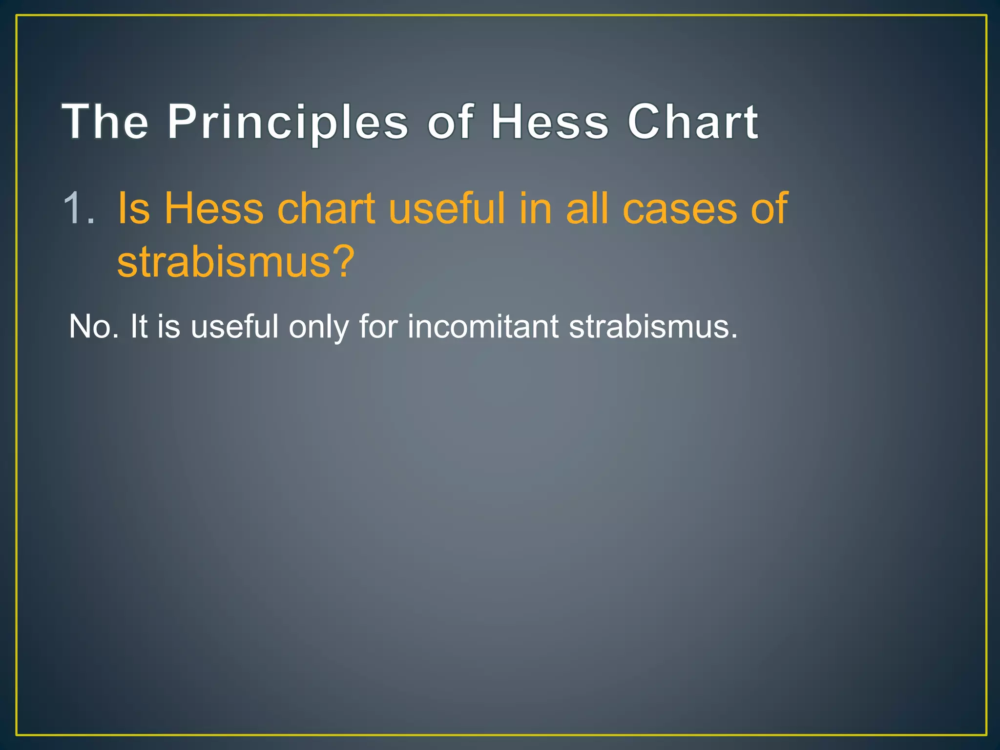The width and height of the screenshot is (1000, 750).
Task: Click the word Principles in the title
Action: coord(288,122)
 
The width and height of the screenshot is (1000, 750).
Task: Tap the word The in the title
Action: coord(105,122)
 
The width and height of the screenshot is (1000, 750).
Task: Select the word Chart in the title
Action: coord(692,122)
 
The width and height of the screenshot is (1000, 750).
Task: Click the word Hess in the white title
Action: coord(550,122)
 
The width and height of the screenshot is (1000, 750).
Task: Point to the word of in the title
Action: coord(450,122)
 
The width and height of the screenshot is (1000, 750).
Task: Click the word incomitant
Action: coord(482,326)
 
